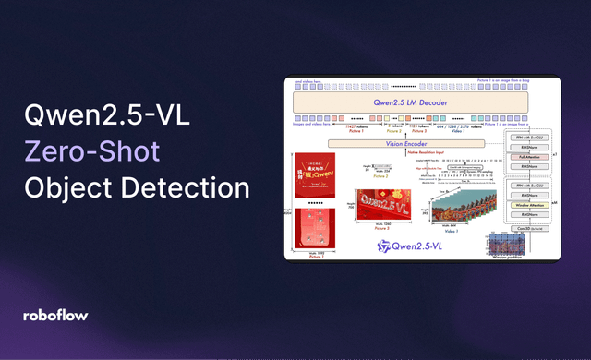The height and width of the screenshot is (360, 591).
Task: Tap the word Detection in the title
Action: [189, 187]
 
